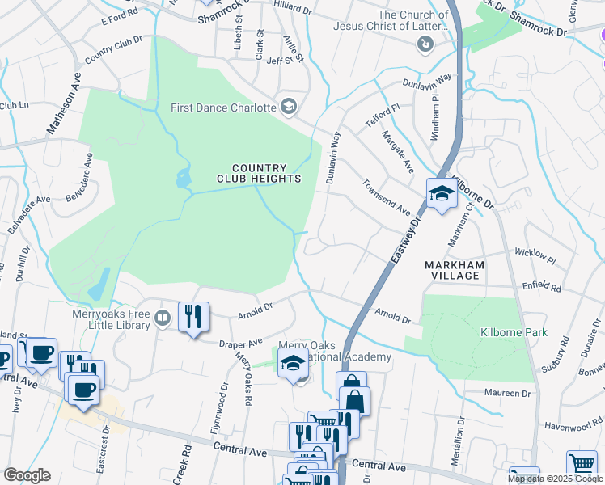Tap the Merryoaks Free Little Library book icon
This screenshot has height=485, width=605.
pos(163,318)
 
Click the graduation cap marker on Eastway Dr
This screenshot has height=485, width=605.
pos(442,194)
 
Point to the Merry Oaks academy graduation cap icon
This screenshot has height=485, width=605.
pos(294,365)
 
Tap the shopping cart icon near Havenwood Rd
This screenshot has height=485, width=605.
pos(581,465)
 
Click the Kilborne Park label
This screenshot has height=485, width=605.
pos(514,332)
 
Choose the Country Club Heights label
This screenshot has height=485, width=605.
pos(259,173)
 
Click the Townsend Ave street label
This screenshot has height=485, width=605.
pos(386,196)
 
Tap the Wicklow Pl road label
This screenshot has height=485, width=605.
pos(535,258)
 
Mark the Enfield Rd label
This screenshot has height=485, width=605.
pos(541,286)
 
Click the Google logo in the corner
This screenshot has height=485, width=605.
pos(27,475)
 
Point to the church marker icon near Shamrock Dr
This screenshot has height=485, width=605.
pos(425,45)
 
